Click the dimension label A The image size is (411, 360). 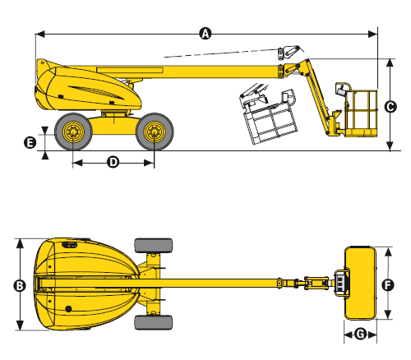[x=205, y=34]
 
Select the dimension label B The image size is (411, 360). [x=20, y=286]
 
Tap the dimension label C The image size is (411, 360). [x=390, y=107]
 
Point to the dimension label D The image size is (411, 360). [x=113, y=163]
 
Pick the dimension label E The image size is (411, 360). [x=30, y=143]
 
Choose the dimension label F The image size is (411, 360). [x=388, y=285]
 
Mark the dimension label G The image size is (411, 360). [x=361, y=335]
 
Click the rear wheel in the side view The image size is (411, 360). [x=73, y=132]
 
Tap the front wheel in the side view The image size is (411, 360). [x=155, y=132]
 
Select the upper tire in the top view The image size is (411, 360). [x=154, y=246]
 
